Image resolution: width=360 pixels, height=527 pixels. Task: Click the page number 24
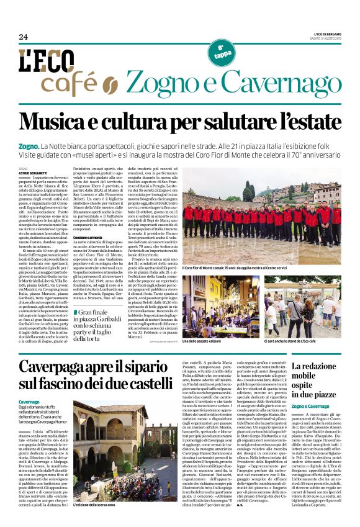pyautogui.click(x=24, y=37)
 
